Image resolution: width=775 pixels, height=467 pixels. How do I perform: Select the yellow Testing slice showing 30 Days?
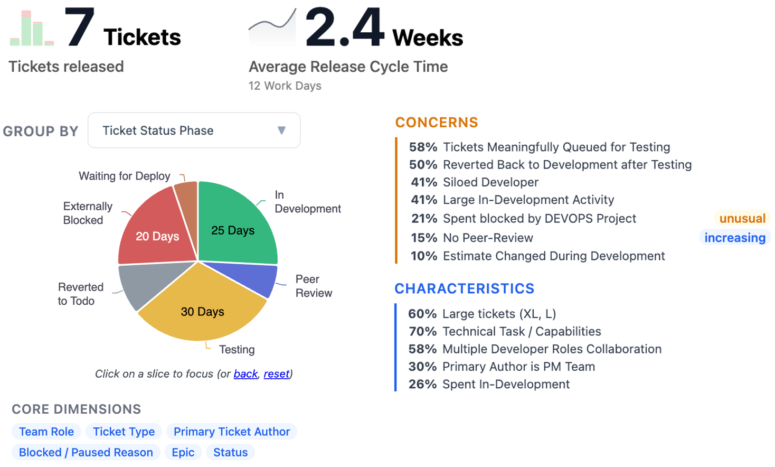(x=202, y=309)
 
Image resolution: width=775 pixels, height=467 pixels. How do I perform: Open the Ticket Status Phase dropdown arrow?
(x=281, y=130)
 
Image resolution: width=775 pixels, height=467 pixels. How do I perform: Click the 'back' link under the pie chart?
(x=245, y=374)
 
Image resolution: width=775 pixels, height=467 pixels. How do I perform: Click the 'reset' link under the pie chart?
(x=277, y=374)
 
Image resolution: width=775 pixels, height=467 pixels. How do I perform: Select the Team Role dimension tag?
(x=46, y=432)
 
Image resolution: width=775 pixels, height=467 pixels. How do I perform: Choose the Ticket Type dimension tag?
(x=124, y=432)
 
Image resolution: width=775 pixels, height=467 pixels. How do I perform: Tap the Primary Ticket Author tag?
(x=232, y=432)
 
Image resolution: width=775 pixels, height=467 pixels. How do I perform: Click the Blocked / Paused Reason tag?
(x=86, y=452)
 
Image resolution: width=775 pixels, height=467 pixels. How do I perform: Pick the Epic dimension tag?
(x=183, y=452)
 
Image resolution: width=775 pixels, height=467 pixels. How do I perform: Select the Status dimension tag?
(x=230, y=452)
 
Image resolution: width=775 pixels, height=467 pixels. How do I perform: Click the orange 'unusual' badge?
(x=742, y=219)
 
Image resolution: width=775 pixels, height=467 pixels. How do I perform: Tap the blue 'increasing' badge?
(x=735, y=238)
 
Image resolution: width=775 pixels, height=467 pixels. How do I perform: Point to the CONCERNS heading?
(x=437, y=123)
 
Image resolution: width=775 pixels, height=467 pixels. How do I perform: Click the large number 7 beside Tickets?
(x=79, y=27)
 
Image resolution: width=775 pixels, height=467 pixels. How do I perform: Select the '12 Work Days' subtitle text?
(x=285, y=86)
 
